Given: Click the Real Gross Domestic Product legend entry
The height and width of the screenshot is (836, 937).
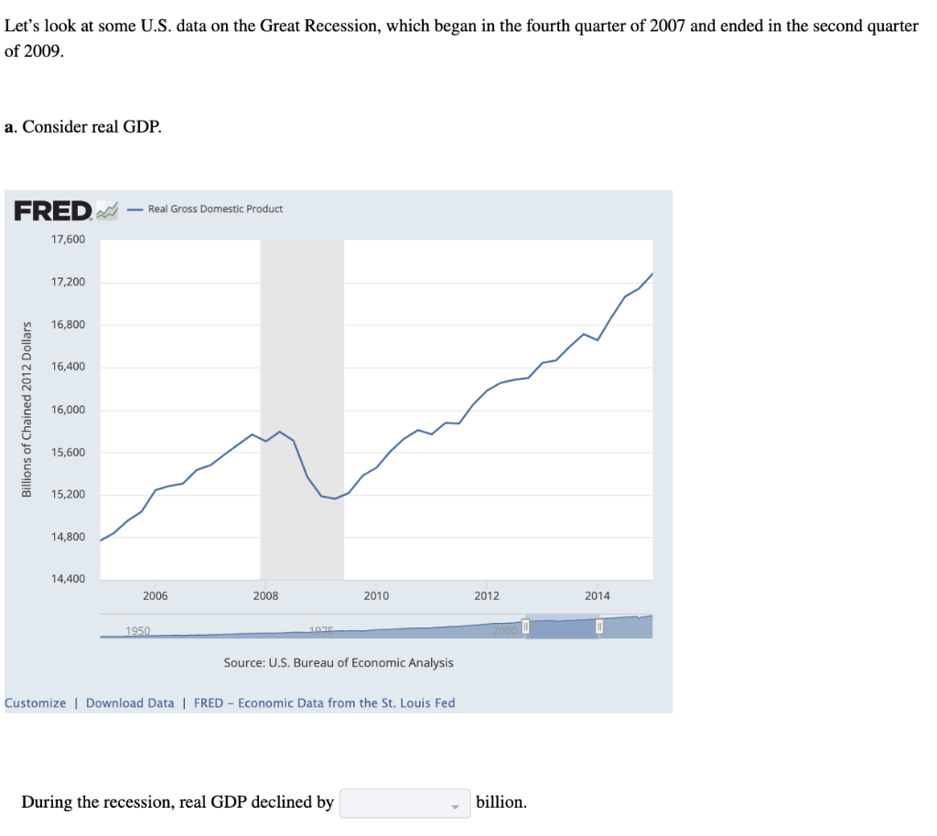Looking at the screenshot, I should click(214, 209).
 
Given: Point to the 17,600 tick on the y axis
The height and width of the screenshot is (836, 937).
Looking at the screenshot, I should click(69, 240).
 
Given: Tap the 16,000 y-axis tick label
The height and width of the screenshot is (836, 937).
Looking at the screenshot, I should click(69, 410).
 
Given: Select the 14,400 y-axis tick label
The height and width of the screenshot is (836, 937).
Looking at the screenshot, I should click(69, 580).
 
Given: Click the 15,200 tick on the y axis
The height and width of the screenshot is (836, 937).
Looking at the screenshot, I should click(69, 495).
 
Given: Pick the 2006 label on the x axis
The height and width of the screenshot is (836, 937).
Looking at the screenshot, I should click(156, 596).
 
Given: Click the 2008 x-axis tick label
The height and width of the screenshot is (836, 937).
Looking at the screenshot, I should click(265, 596).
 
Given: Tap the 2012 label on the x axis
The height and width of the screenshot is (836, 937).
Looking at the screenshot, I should click(487, 596).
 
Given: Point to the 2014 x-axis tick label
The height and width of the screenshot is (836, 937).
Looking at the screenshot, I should click(598, 596).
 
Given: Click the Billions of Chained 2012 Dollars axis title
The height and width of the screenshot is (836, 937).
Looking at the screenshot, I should click(27, 409).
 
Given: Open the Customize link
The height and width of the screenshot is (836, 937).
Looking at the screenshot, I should click(36, 703).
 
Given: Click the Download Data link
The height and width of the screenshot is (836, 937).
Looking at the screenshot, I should click(130, 703).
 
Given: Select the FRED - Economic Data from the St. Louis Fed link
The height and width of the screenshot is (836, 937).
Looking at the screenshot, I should click(324, 703).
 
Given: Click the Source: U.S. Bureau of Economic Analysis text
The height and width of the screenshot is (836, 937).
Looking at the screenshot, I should click(339, 662).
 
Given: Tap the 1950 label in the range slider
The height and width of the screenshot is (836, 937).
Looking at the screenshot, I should click(138, 630).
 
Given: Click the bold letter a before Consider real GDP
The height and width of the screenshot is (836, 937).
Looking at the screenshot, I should click(9, 127).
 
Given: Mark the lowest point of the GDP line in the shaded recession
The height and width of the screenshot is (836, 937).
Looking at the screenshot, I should click(335, 498).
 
